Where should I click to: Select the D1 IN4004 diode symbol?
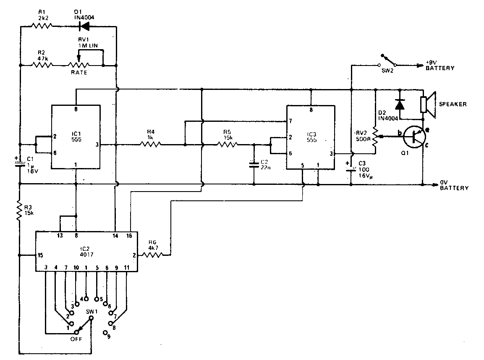[84, 26]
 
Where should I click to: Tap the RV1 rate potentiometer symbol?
[79, 65]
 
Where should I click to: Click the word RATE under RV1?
[79, 73]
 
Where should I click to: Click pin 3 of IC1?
[97, 145]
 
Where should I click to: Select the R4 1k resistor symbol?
[150, 145]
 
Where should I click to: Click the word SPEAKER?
[453, 104]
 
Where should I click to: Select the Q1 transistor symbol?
[415, 138]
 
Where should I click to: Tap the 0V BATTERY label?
[454, 186]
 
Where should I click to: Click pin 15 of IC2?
[40, 255]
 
